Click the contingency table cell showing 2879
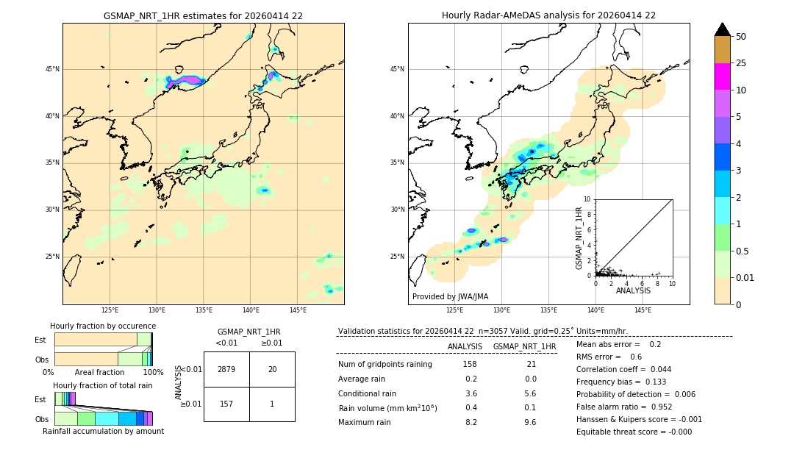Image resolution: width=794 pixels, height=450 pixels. click(226, 369)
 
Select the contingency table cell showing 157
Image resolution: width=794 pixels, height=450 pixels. click(226, 404)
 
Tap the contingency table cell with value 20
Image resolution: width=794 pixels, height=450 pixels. click(272, 369)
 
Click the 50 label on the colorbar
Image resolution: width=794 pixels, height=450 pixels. click(741, 37)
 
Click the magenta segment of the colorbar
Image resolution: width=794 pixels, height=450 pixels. click(722, 76)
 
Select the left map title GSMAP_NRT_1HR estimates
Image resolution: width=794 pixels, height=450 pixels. click(203, 15)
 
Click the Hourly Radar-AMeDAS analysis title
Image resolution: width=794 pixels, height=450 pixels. click(548, 15)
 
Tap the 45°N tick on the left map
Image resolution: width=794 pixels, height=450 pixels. click(52, 69)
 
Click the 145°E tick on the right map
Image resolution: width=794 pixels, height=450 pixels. click(643, 310)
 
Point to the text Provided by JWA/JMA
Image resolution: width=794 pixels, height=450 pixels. click(450, 296)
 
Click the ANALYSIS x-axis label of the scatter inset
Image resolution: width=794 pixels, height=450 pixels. click(633, 290)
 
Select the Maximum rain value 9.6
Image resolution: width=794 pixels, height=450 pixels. click(529, 422)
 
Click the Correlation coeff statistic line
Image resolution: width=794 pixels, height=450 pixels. click(623, 369)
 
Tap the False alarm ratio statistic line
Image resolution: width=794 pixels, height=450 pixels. click(623, 407)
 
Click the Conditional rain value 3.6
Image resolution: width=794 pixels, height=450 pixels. click(471, 393)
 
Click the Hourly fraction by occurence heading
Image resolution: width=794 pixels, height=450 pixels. click(102, 326)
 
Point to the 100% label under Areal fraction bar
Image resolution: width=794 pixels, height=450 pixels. click(153, 372)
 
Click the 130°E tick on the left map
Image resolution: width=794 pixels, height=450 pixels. click(157, 310)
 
